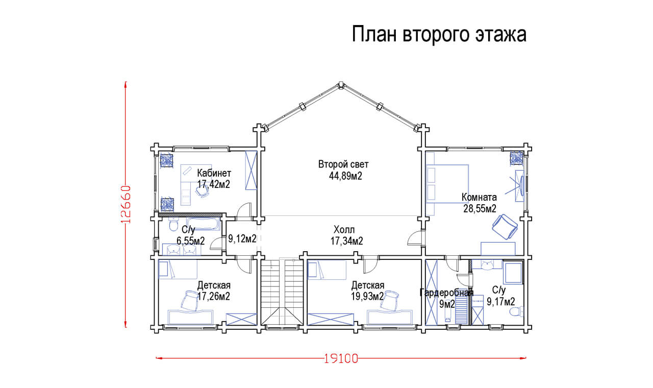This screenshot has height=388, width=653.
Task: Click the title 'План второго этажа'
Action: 439,34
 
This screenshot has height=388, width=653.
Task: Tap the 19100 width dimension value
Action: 341,359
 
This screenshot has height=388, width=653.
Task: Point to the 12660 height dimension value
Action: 125,204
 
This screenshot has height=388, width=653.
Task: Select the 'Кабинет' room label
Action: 214,173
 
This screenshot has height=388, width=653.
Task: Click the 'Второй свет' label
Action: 343,164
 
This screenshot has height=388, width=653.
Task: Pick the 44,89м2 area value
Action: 345,176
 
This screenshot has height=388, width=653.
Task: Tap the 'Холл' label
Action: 344,230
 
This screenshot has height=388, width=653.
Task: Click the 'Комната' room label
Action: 479,197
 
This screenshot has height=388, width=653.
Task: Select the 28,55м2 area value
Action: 480,209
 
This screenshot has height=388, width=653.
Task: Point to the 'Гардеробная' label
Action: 446,293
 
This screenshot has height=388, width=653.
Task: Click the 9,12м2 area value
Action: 242,238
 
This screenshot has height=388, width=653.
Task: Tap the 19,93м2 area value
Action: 367,297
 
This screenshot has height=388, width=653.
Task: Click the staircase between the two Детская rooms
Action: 282,292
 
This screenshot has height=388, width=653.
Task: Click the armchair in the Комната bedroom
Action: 505,227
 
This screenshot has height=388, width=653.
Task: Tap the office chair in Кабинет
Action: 202,191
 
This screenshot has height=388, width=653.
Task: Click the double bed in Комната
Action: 447,184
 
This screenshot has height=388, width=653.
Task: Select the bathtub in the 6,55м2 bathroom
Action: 203,224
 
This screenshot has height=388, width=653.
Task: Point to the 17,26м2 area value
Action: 214,297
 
